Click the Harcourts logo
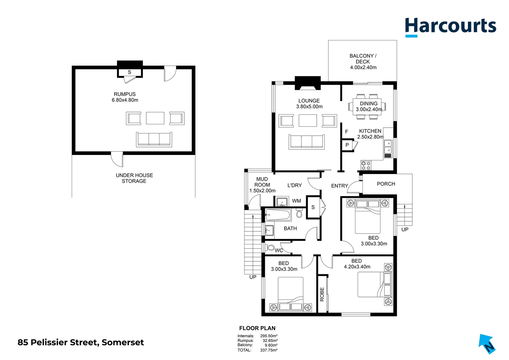[x=450, y=26]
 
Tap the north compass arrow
[x=487, y=344]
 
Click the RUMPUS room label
[x=125, y=97]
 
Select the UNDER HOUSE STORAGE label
[x=134, y=178]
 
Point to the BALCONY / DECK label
[x=363, y=61]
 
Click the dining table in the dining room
[x=367, y=106]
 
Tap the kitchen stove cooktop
[x=366, y=165]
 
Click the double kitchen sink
[x=388, y=146]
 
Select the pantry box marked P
[x=347, y=145]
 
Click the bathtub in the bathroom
[x=278, y=215]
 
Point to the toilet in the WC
[x=270, y=248]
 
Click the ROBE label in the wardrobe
[x=322, y=294]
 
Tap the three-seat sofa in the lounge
[x=306, y=142]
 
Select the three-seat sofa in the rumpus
[x=154, y=139]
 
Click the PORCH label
[x=386, y=184]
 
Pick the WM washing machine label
[x=296, y=201]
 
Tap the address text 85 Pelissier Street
[x=81, y=342]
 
